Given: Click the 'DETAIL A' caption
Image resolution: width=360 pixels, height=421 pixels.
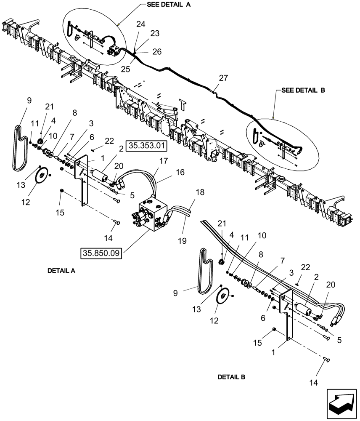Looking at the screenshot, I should pyautogui.click(x=61, y=271).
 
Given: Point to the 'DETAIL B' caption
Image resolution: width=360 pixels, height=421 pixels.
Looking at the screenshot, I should pyautogui.click(x=231, y=377).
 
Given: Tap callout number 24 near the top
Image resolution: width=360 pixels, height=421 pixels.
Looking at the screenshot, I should pyautogui.click(x=141, y=24).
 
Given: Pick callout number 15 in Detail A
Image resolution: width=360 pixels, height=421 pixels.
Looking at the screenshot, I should pyautogui.click(x=60, y=213).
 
